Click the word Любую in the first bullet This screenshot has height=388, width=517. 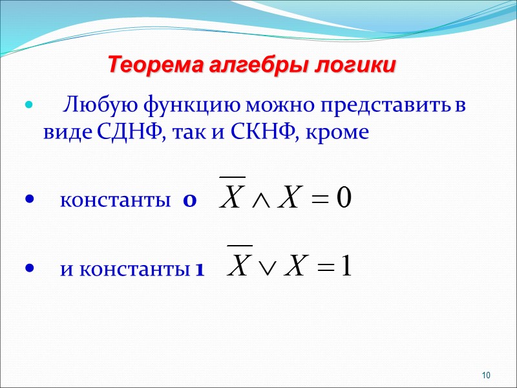98,104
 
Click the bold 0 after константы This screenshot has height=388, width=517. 189,201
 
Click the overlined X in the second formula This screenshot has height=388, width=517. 240,265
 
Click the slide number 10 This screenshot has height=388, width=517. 487,376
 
